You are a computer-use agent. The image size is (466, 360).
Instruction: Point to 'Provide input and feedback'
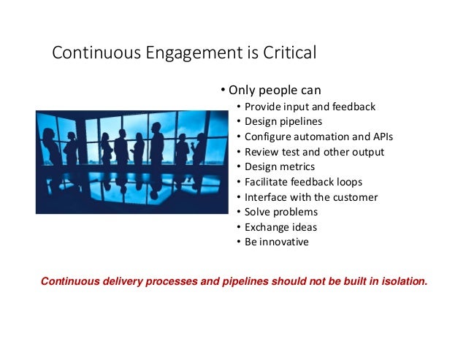coord(310,107)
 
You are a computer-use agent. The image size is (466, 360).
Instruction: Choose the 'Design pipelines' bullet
coord(283,121)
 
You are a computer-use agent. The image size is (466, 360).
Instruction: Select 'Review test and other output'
coord(314,152)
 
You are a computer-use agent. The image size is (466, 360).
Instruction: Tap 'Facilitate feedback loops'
coord(304,182)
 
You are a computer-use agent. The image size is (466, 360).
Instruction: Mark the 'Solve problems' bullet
coord(281,212)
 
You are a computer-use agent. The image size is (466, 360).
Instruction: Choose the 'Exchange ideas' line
coord(281,227)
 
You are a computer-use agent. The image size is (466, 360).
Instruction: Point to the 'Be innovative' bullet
coord(277,242)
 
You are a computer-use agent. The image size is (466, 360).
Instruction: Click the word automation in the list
coord(320,137)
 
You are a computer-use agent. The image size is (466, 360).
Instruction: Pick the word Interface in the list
coord(267,197)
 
